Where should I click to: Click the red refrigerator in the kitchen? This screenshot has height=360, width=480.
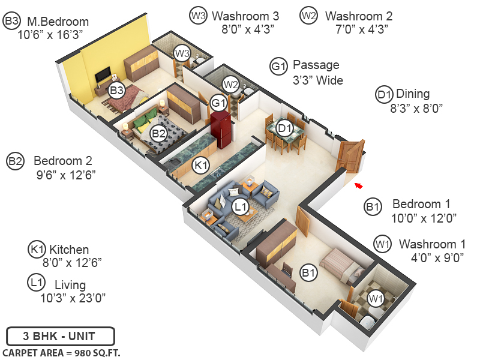pos(221,128)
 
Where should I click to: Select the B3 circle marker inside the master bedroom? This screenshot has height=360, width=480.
pos(116,91)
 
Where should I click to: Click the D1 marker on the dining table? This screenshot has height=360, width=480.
pos(284,127)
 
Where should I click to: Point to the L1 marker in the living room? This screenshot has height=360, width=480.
pos(241,207)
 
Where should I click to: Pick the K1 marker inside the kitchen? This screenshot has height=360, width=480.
pos(200,164)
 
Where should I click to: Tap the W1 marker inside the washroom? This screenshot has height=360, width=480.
pos(376,298)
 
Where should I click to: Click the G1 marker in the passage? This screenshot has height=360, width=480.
pos(218,103)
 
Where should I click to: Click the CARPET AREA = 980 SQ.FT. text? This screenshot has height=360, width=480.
pos(61,352)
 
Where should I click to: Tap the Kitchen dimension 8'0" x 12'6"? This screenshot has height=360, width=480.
pos(71,262)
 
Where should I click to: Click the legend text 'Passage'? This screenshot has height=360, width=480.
pos(316,65)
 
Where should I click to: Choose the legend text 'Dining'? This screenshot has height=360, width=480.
pos(413,94)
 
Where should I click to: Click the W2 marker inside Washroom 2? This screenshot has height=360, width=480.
pos(230,84)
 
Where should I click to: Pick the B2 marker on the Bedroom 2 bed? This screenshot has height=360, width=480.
pos(158,133)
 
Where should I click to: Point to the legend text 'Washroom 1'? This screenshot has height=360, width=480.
pos(432,244)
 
